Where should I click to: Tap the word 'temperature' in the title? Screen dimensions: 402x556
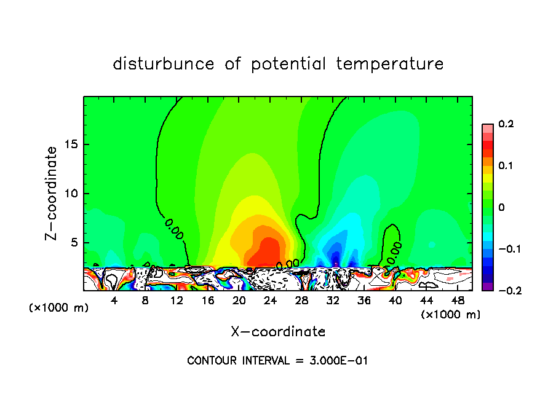pyautogui.click(x=390, y=64)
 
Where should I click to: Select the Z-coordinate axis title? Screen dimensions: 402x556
pyautogui.click(x=52, y=193)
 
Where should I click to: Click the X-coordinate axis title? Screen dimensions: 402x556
pyautogui.click(x=278, y=332)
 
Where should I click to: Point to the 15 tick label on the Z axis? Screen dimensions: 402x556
pyautogui.click(x=69, y=144)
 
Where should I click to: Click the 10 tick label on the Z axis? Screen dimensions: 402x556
pyautogui.click(x=69, y=194)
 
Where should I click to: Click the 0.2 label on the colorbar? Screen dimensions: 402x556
pyautogui.click(x=506, y=124)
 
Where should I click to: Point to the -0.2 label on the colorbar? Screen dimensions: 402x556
pyautogui.click(x=505, y=291)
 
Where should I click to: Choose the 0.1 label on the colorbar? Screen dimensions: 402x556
pyautogui.click(x=506, y=166)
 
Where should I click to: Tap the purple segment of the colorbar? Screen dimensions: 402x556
pyautogui.click(x=487, y=286)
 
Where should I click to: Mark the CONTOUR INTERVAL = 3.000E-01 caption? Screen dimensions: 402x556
pyautogui.click(x=277, y=361)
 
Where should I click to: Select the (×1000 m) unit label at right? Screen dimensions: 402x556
pyautogui.click(x=450, y=315)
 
